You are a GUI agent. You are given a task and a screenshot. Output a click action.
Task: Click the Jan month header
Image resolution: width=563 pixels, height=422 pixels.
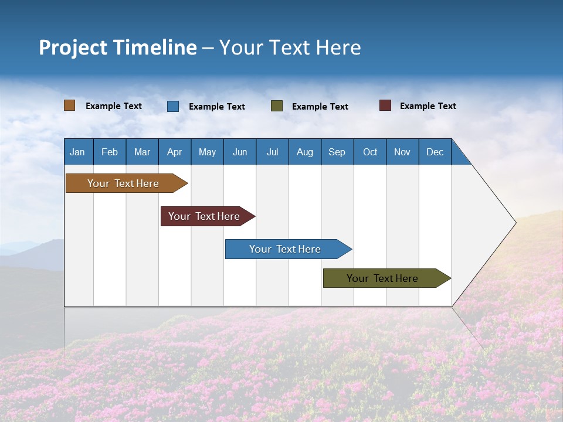[77, 152]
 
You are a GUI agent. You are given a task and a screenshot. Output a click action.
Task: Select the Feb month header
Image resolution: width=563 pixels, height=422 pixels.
[110, 152]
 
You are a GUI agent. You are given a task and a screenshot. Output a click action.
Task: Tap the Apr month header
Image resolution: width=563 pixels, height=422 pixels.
[174, 152]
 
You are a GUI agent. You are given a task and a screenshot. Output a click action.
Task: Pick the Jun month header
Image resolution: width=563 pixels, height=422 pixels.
[240, 152]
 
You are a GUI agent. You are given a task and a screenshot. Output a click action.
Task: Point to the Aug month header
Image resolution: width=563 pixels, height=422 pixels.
[304, 152]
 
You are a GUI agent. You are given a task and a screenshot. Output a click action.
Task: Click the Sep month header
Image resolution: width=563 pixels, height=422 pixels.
[337, 152]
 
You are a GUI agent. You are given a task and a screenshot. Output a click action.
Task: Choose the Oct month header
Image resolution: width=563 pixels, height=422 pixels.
[370, 152]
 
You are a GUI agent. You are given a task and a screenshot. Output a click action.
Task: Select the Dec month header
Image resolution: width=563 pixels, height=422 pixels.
[435, 152]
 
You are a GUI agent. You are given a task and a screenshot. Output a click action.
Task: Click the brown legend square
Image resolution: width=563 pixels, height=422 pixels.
[70, 105]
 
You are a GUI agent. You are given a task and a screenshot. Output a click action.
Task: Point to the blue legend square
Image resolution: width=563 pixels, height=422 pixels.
[173, 106]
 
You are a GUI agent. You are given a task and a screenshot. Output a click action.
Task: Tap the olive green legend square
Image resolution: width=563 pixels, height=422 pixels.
[277, 106]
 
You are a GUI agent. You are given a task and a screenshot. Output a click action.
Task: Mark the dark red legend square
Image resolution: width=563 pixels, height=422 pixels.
[385, 105]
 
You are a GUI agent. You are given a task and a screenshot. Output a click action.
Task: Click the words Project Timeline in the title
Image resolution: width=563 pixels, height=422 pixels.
[118, 47]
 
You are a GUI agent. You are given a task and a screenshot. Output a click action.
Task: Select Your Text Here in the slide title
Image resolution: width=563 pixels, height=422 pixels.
[290, 47]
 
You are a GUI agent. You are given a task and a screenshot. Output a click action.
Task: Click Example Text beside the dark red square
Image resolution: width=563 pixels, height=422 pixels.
[428, 106]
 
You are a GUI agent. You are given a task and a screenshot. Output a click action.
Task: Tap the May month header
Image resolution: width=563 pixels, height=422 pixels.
[207, 152]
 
